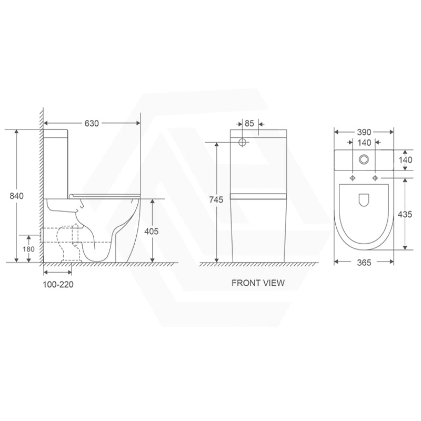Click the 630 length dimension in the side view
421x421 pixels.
point(92,123)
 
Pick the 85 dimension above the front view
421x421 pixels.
point(249,123)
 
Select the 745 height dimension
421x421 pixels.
point(216,199)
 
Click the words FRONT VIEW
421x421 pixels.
point(258,283)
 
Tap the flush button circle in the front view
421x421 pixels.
point(244,142)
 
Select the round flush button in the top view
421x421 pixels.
point(364,159)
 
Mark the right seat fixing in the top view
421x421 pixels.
point(375,178)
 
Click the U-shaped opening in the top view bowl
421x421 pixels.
point(364,200)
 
